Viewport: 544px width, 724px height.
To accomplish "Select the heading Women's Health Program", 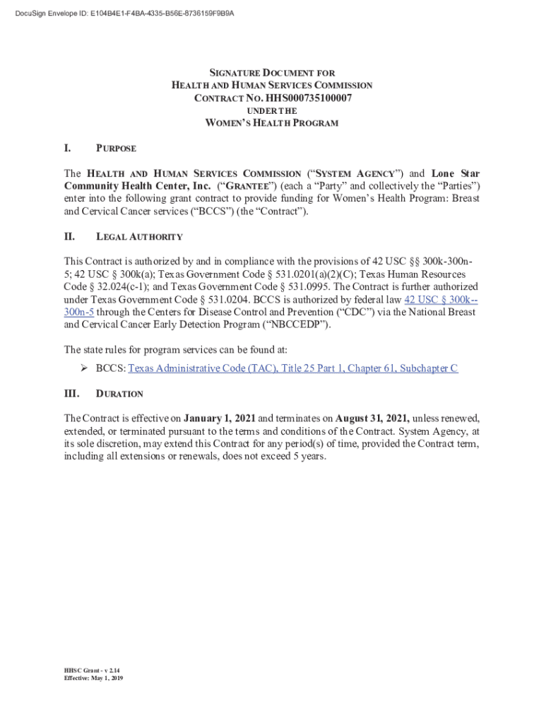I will pyautogui.click(x=272, y=123).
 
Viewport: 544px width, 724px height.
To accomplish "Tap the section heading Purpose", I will pyautogui.click(x=116, y=148).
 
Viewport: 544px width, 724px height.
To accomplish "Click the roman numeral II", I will pyautogui.click(x=70, y=237).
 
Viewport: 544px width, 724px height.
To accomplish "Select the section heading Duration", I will pyautogui.click(x=119, y=394).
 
